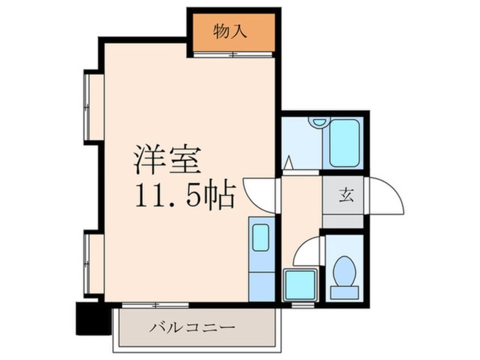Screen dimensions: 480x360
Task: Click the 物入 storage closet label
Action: (x=230, y=32)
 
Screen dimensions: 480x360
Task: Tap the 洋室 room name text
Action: (x=167, y=161)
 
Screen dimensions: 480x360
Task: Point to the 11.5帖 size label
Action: (x=186, y=195)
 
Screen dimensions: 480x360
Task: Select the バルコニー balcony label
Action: (x=192, y=328)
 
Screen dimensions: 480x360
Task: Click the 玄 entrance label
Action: (x=346, y=195)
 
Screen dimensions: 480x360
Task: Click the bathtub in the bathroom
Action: (x=344, y=143)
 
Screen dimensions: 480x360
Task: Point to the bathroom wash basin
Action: (x=319, y=122)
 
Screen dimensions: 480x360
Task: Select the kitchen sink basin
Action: (x=261, y=237)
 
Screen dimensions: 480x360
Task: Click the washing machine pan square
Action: (x=301, y=284)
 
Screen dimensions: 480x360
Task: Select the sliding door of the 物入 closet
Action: (x=233, y=55)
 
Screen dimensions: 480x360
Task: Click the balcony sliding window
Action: (x=155, y=305)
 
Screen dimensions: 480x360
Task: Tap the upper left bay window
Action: (x=87, y=107)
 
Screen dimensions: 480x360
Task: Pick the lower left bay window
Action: (x=87, y=264)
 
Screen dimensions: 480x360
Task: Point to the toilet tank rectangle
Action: (x=344, y=292)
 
